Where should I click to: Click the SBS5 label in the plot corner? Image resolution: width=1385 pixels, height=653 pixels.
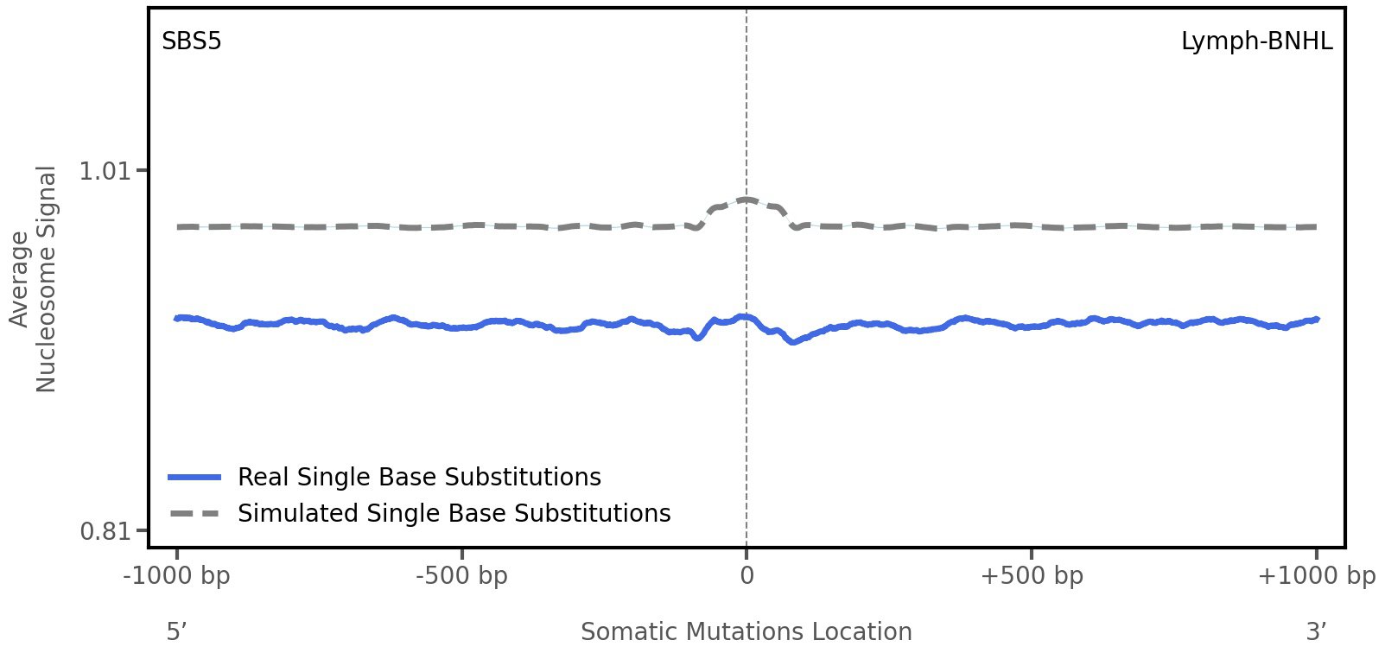click(192, 41)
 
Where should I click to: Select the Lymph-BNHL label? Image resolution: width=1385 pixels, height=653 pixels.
click(1256, 41)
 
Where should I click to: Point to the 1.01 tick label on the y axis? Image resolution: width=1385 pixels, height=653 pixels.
click(104, 171)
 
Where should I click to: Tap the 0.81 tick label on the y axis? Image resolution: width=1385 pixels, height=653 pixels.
click(104, 530)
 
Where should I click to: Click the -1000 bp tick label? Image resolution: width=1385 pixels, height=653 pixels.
click(177, 576)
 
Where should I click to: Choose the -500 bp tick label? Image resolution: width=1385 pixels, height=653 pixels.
click(461, 576)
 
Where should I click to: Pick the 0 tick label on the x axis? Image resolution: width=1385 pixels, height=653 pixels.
click(747, 576)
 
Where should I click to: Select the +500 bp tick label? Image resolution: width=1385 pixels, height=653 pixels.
click(1032, 576)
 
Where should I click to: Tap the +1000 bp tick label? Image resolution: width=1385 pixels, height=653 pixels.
click(1316, 576)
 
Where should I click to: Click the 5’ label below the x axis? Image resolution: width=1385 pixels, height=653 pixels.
click(176, 632)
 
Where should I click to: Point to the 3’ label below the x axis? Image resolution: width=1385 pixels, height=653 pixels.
click(1316, 632)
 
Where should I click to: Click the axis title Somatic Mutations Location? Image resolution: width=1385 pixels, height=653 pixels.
click(746, 632)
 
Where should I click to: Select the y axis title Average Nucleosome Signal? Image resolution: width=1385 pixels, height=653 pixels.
click(33, 279)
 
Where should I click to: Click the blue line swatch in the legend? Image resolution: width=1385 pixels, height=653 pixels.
click(195, 478)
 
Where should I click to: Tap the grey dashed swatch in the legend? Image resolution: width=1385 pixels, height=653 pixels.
click(195, 514)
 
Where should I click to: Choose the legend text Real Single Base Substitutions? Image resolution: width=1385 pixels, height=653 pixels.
click(419, 478)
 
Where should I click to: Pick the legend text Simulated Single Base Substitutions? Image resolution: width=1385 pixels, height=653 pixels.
click(454, 514)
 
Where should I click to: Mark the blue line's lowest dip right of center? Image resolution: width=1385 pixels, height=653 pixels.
click(791, 342)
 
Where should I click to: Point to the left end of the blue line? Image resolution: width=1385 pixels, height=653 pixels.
click(177, 318)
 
